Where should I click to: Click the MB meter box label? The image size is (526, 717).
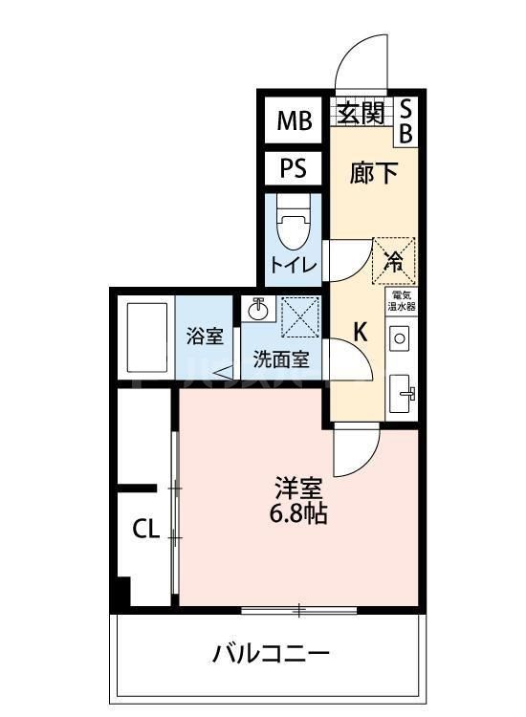point(294,120)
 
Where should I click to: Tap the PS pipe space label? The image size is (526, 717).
point(293,169)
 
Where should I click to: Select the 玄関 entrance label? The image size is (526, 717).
point(360,113)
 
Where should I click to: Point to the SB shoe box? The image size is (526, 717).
point(405,120)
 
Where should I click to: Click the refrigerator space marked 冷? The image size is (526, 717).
point(393,258)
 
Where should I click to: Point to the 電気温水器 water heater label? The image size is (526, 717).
point(402,302)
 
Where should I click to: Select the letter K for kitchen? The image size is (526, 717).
point(361,333)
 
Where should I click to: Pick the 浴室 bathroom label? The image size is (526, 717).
point(204,337)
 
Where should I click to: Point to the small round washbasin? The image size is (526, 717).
point(257,309)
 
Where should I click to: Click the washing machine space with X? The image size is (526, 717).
point(298,315)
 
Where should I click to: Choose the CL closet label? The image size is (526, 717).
point(144,530)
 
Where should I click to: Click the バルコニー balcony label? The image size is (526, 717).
point(271,655)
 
